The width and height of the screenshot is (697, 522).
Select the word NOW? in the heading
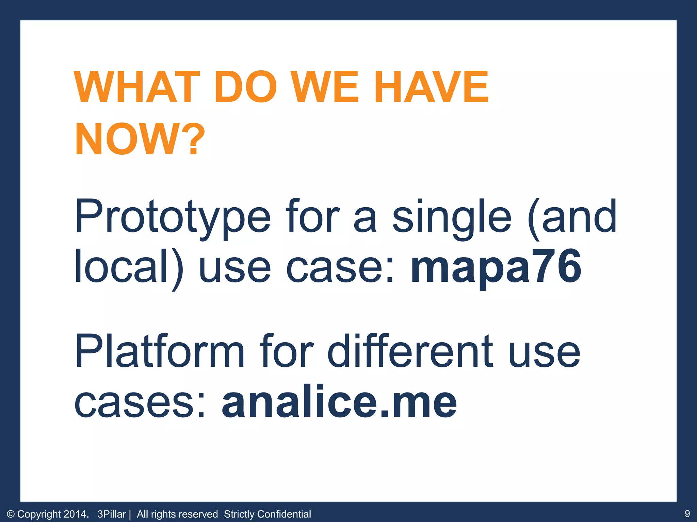tap(140, 139)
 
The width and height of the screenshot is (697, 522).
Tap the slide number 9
tap(687, 514)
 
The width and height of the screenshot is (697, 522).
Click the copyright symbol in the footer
tap(11, 514)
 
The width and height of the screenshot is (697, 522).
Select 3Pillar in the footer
tap(111, 514)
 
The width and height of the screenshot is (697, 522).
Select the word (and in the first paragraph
tap(572, 217)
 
